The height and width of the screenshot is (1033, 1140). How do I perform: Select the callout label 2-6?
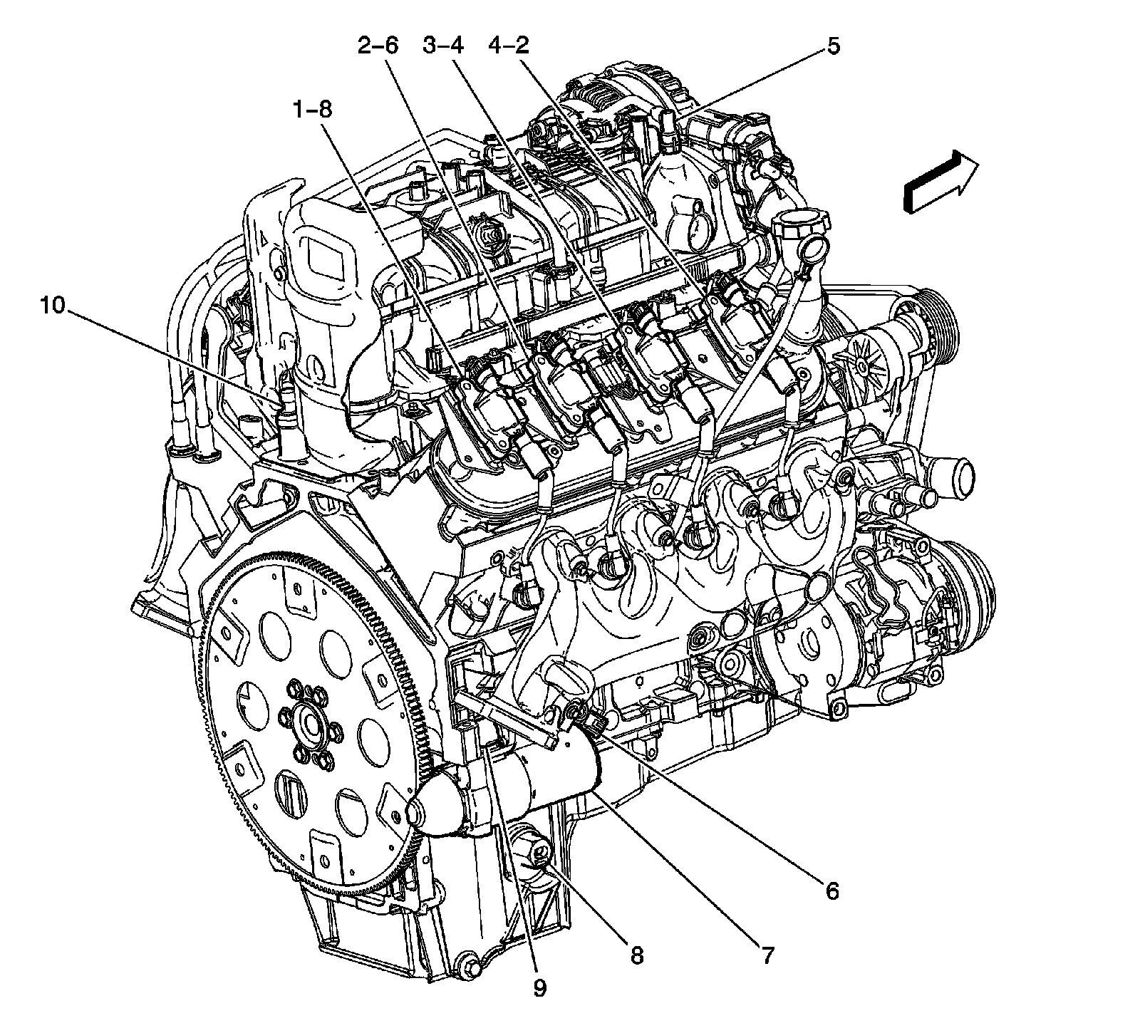[x=378, y=46]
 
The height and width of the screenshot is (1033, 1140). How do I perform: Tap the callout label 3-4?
[x=442, y=46]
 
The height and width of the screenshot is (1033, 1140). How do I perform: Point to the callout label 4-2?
[x=509, y=46]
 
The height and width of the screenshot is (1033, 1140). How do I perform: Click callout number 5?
[x=833, y=46]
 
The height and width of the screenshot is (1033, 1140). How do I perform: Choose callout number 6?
[x=831, y=891]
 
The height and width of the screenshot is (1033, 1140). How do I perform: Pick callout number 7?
[x=767, y=955]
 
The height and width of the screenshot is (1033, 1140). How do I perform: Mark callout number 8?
[x=636, y=955]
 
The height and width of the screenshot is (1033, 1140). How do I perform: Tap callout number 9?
[x=539, y=988]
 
